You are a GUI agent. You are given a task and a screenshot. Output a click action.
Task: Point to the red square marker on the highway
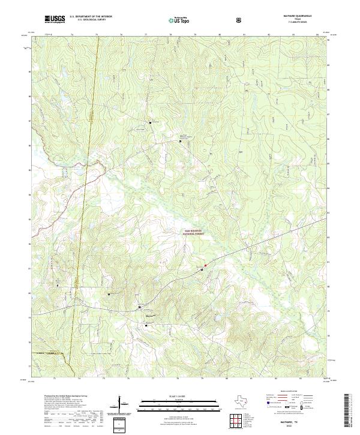point(205,265)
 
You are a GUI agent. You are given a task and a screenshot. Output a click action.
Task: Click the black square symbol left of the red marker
point(202,270)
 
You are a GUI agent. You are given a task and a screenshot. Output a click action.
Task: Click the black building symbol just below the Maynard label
point(146,325)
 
